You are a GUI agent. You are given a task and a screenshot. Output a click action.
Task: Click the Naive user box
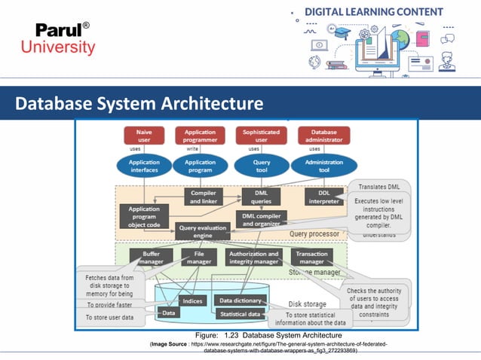click(x=144, y=136)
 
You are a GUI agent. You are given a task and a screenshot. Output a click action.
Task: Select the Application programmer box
click(x=200, y=136)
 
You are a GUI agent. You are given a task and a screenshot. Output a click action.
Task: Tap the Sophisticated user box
click(x=262, y=136)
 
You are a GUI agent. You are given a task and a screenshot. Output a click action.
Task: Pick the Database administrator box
click(x=323, y=136)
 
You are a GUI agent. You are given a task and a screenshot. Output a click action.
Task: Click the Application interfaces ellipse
click(x=144, y=166)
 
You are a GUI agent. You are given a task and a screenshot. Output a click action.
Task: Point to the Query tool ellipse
click(x=262, y=166)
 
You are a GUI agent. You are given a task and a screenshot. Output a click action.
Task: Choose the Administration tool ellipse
click(x=323, y=166)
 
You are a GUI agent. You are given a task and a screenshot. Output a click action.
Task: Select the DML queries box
click(x=261, y=197)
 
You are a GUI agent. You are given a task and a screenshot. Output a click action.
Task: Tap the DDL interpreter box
click(x=324, y=197)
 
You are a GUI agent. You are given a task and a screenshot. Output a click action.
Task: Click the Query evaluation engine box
click(x=203, y=231)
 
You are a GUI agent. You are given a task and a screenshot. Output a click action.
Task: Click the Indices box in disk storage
click(x=191, y=301)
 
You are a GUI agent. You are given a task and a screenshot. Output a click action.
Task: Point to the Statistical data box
click(x=240, y=313)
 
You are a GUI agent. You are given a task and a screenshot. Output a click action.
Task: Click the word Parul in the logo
click(x=57, y=30)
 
